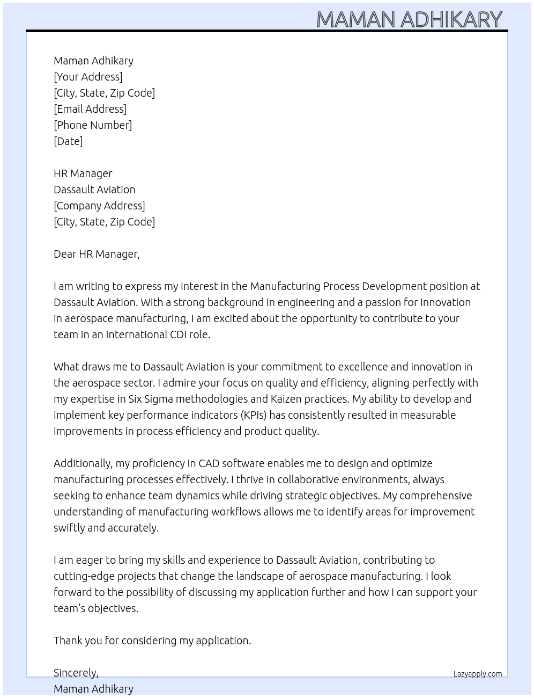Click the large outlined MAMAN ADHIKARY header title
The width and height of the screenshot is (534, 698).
tap(409, 19)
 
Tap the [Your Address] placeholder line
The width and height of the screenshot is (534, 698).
tap(88, 77)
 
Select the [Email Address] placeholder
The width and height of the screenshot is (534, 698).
tap(90, 109)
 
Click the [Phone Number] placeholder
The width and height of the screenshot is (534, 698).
tap(93, 125)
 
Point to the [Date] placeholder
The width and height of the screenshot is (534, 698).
tap(68, 141)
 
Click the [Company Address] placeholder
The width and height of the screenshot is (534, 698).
tap(99, 206)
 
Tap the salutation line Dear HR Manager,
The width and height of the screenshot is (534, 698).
tap(97, 254)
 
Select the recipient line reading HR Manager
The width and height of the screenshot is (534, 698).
tap(83, 173)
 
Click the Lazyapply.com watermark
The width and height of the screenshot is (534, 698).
tap(478, 674)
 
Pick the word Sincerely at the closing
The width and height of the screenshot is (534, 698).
tap(76, 673)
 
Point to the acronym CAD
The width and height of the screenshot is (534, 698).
tap(209, 463)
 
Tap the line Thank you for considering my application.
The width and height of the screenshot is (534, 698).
tap(152, 641)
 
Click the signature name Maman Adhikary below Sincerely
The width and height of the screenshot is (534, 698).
tap(93, 689)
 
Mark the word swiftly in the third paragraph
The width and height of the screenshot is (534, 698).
tap(69, 528)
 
